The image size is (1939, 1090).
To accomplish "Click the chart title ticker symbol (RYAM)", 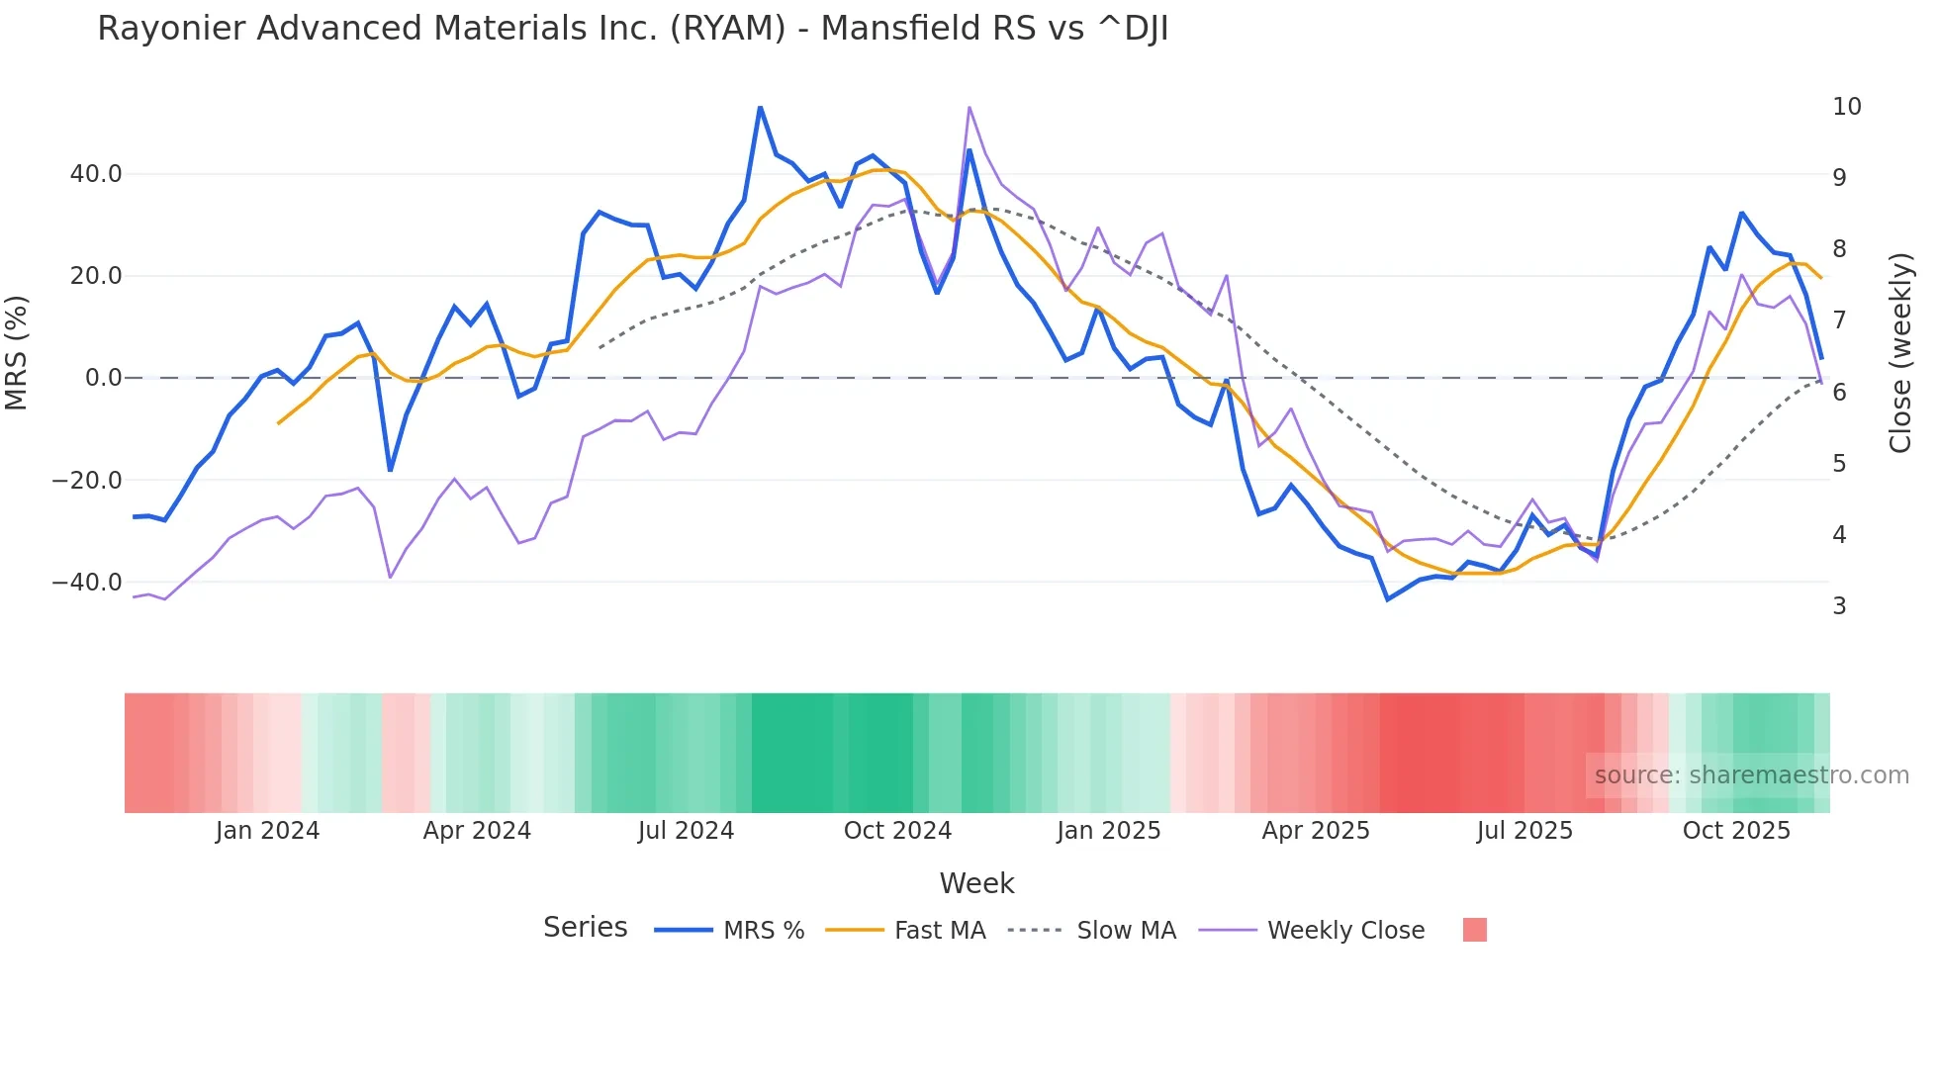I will [x=727, y=29].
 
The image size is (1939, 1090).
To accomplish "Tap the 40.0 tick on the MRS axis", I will [x=96, y=174].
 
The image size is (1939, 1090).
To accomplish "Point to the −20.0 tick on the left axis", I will [x=87, y=481].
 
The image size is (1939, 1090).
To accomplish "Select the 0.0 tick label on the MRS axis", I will [x=104, y=378].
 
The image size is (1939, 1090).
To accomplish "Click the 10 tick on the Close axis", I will [x=1846, y=107].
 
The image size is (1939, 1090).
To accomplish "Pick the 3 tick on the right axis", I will [x=1839, y=606].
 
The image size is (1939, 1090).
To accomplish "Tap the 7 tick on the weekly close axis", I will [x=1839, y=320].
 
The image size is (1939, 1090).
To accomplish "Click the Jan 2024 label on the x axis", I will [x=267, y=831].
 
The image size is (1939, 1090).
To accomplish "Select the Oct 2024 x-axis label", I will [x=897, y=831].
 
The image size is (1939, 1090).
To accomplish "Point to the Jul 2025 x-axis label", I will [x=1524, y=831].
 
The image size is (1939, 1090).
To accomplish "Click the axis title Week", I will [x=976, y=883].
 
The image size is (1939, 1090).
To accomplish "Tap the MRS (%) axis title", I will [x=17, y=352].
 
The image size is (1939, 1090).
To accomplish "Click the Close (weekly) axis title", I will [x=1900, y=353].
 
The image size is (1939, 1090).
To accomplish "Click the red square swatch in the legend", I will [x=1474, y=930].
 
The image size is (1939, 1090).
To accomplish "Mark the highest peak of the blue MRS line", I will [x=760, y=107].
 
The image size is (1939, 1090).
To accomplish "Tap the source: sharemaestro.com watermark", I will [x=1751, y=775].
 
